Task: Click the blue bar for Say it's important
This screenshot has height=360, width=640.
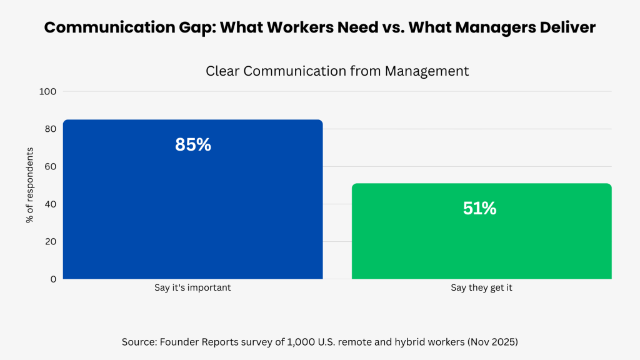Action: point(192,206)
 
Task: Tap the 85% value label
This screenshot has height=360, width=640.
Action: point(193,145)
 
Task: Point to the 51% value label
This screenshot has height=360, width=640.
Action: point(480,209)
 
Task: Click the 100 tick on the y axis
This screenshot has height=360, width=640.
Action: point(48,92)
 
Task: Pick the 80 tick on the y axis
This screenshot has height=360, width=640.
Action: point(50,129)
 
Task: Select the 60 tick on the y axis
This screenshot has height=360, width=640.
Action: point(50,167)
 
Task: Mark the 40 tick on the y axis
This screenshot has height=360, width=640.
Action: point(50,204)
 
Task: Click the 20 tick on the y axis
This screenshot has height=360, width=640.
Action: point(50,242)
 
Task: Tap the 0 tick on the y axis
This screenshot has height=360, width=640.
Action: point(53,279)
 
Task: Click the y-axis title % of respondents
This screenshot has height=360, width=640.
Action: point(29,186)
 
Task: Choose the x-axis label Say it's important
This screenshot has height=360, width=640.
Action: point(193,289)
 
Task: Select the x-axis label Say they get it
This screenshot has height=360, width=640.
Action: point(481,289)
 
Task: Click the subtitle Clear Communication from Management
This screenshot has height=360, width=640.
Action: point(337,71)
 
